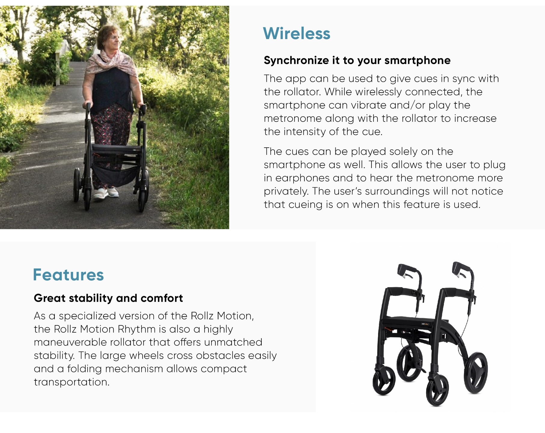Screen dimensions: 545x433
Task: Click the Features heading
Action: pos(68,275)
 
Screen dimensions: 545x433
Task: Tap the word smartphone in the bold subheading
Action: pos(417,60)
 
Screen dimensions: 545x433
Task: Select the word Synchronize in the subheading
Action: pos(296,60)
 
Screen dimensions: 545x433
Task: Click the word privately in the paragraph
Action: pos(286,191)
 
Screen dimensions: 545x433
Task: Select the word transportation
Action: pos(72,382)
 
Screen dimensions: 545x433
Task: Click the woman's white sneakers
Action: pos(106,192)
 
